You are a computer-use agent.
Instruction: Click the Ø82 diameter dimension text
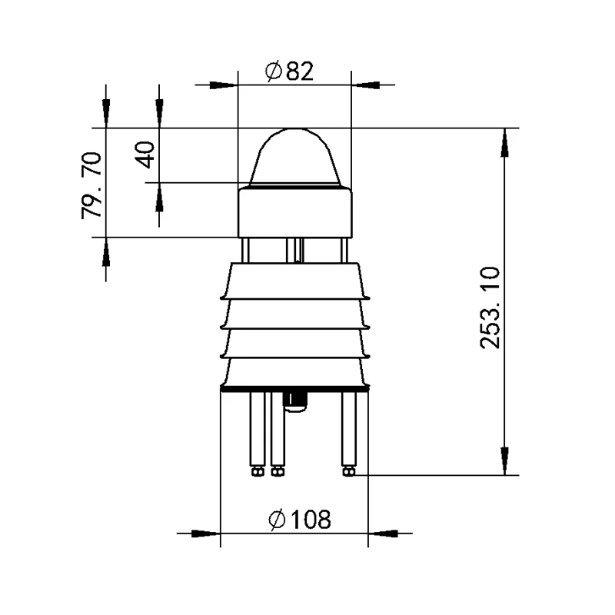click(290, 72)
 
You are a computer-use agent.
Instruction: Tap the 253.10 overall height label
click(490, 307)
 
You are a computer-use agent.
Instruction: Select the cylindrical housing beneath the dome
click(294, 212)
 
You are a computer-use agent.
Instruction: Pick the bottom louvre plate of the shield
click(294, 374)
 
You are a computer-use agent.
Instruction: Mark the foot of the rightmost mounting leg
click(349, 470)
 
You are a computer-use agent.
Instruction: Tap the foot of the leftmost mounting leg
click(257, 470)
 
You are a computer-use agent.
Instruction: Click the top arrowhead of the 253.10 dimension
click(504, 141)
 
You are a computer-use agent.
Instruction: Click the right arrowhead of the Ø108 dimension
click(384, 532)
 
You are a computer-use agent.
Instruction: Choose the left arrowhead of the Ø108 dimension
click(206, 532)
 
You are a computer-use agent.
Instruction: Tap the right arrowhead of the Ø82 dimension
click(366, 85)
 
